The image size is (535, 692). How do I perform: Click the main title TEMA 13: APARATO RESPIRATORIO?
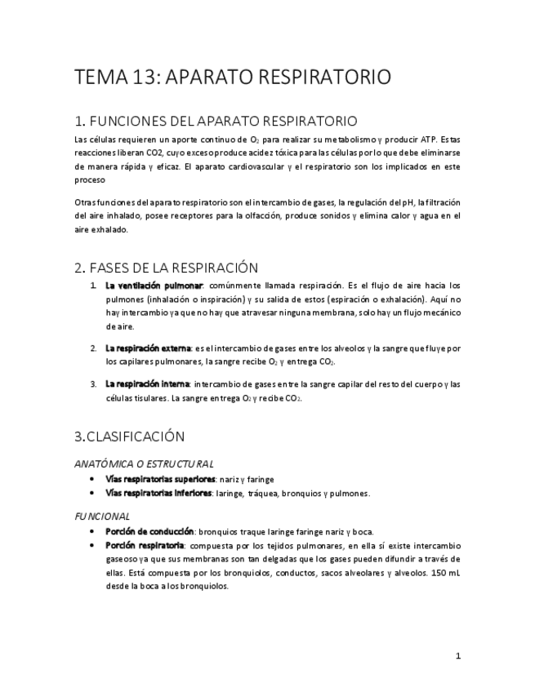pyautogui.click(x=232, y=78)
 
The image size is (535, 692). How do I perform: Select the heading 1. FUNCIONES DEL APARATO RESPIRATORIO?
pyautogui.click(x=215, y=122)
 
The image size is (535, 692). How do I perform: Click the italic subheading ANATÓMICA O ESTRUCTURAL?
pyautogui.click(x=144, y=464)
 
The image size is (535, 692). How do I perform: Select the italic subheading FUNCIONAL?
pyautogui.click(x=102, y=516)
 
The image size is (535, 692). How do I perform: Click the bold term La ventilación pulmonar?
pyautogui.click(x=154, y=286)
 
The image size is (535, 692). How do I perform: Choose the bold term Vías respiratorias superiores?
pyautogui.click(x=160, y=479)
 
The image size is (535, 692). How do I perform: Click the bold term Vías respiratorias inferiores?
pyautogui.click(x=158, y=493)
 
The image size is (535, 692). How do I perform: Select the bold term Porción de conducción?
pyautogui.click(x=149, y=531)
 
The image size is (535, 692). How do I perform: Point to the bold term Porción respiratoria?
pyautogui.click(x=145, y=545)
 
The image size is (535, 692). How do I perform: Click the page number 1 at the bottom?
pyautogui.click(x=458, y=655)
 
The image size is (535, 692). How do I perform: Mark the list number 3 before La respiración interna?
pyautogui.click(x=93, y=384)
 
